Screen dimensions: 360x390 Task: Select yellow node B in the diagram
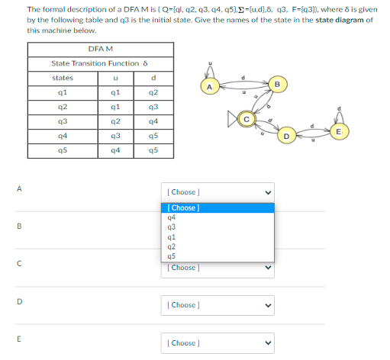pos(277,82)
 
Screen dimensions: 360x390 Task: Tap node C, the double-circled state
pos(246,119)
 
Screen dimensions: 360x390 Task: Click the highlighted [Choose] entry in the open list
pos(182,207)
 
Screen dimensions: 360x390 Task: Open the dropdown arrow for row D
pos(267,305)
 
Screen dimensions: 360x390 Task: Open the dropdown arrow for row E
pos(267,343)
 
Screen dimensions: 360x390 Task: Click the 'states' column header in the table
pos(62,77)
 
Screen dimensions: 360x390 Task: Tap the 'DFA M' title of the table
pos(90,48)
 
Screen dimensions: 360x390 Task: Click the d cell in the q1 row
pos(153,92)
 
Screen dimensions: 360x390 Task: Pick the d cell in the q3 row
pos(153,121)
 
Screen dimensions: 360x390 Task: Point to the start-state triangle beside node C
pos(230,120)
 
